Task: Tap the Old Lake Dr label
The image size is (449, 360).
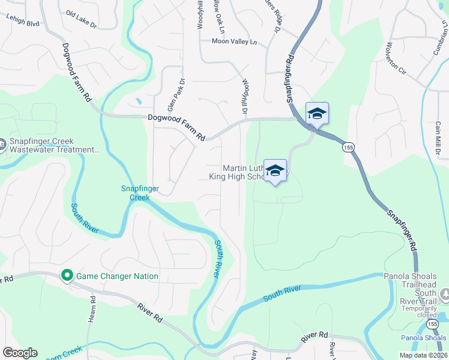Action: point(81,20)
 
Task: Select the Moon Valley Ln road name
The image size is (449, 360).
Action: point(234,41)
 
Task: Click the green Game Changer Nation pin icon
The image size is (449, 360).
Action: point(67,276)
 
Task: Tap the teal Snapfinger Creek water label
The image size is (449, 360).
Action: point(139,193)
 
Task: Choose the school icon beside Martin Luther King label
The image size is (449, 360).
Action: point(275,171)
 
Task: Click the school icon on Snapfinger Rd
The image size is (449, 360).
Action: point(317,113)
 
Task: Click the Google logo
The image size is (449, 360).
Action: point(20,353)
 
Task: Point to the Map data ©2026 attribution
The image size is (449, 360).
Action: point(423,355)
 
